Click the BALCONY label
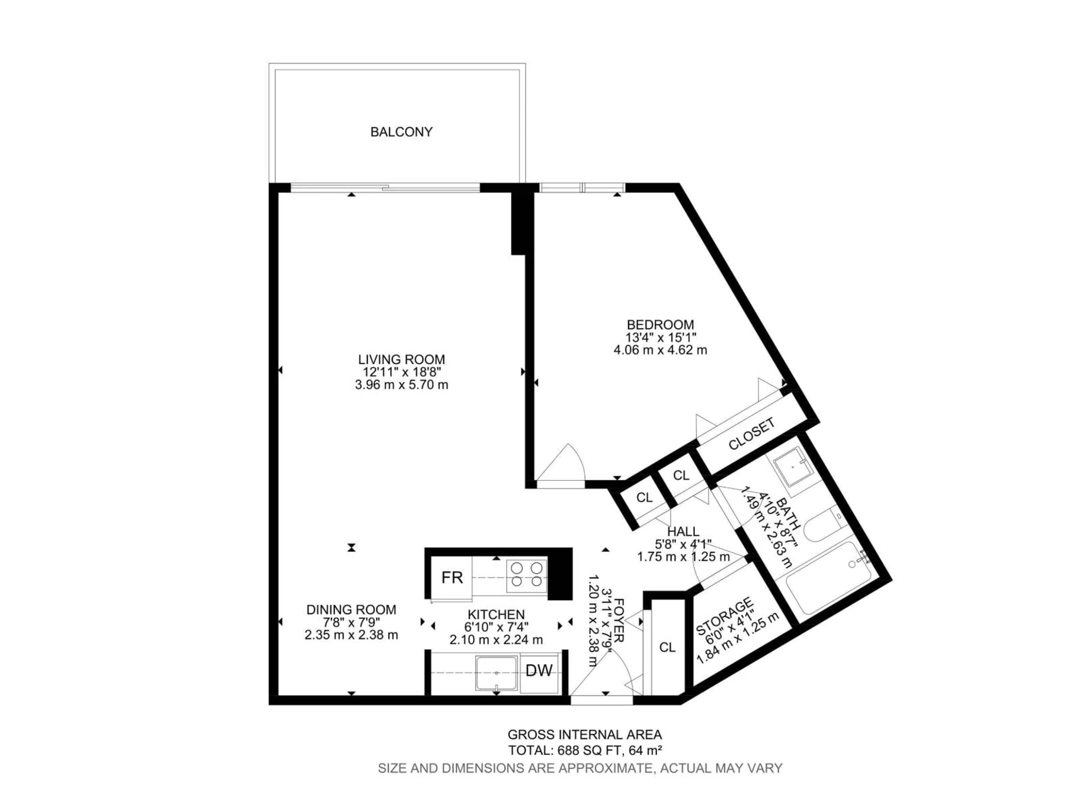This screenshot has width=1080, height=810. (x=401, y=132)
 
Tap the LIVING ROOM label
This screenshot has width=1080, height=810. (x=401, y=359)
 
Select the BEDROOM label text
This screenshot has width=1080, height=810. (x=660, y=325)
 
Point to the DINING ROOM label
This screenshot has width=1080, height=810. (x=351, y=609)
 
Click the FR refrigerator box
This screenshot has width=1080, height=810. (x=452, y=578)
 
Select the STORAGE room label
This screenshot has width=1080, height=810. (x=724, y=616)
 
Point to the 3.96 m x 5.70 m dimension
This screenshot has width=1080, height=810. (x=401, y=385)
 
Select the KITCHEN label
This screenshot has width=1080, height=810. (x=496, y=614)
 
